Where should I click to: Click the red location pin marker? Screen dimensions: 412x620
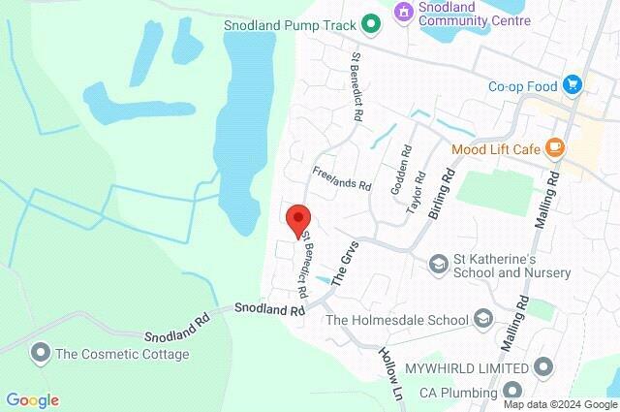click(298, 221)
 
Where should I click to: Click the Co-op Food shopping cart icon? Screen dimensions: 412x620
click(573, 85)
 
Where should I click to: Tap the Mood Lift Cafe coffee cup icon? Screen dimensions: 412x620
click(554, 148)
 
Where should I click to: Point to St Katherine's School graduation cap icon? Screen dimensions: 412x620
click(438, 264)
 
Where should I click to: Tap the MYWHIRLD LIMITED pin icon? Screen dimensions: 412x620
click(542, 367)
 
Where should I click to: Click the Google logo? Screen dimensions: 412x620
click(32, 400)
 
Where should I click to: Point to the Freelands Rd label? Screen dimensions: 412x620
click(342, 178)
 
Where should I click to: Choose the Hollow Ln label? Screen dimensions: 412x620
click(391, 375)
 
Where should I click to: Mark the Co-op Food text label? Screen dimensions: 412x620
click(523, 86)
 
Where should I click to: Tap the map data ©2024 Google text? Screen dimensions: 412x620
click(556, 404)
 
